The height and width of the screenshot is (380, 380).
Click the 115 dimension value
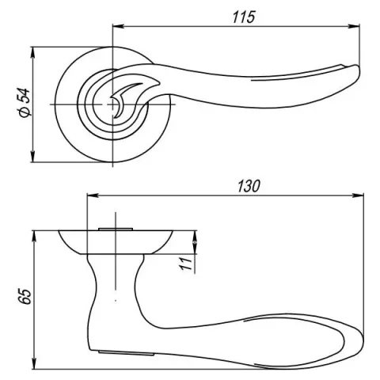coord(244,17)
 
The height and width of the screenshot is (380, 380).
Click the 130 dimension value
coord(249,186)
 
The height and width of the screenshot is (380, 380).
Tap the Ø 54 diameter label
coord(25,103)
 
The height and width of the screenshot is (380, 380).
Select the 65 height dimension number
coord(25,297)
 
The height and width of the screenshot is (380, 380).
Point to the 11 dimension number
coord(186,264)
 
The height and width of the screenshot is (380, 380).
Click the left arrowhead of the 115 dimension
coord(118,26)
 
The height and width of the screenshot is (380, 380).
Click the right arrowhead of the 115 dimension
coord(354,26)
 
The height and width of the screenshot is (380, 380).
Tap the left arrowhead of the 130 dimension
coord(93,196)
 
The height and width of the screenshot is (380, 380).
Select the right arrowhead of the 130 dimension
coord(358,196)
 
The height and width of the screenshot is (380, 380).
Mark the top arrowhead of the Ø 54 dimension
coord(32,53)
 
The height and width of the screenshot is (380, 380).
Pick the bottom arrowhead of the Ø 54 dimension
coord(32,157)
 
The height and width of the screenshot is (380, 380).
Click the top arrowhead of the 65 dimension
coord(34,237)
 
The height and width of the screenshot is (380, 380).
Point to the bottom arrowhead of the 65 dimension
coord(34,363)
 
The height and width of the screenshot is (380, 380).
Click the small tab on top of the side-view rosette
coord(116,229)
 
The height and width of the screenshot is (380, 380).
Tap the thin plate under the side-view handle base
coord(126,353)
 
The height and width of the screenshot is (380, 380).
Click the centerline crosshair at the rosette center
coord(113,104)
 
